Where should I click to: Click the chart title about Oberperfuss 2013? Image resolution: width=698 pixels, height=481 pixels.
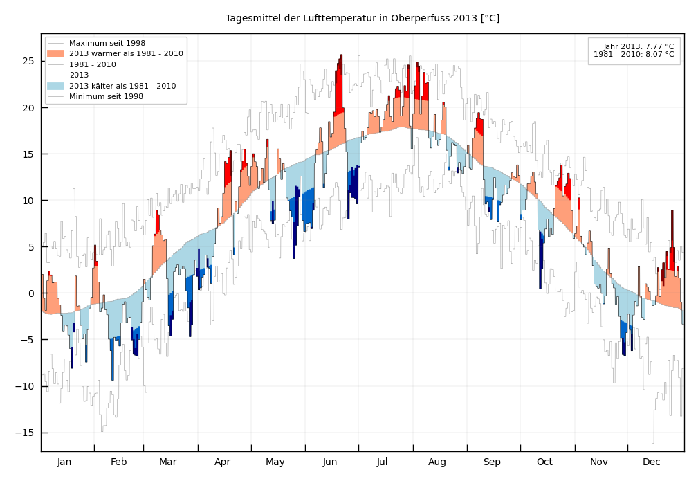[x=362, y=19]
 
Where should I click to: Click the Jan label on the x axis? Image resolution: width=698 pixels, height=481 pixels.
[x=64, y=462]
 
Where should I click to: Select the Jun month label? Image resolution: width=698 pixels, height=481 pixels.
[x=330, y=462]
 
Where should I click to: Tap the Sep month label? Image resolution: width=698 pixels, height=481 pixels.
[x=492, y=462]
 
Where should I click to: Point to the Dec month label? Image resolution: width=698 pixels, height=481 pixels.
[x=652, y=462]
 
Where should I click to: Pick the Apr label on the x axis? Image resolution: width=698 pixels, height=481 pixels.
[x=222, y=462]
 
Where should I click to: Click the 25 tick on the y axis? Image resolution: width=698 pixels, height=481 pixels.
[x=28, y=61]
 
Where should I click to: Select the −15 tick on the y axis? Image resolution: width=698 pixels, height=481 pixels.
[x=26, y=433]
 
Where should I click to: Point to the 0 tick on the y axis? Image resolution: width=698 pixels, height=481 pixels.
[x=31, y=293]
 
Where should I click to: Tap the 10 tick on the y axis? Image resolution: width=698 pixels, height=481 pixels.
[x=28, y=201]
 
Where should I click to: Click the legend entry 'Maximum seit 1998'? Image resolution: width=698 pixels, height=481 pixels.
[x=107, y=43]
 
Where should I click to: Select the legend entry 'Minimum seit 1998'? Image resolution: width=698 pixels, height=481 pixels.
[x=107, y=96]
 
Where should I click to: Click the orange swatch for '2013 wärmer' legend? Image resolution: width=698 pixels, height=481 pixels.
[x=56, y=53]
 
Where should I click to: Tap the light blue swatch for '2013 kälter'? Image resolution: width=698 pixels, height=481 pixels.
[x=56, y=86]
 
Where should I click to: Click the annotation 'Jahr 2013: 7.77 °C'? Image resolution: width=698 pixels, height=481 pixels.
[x=639, y=46]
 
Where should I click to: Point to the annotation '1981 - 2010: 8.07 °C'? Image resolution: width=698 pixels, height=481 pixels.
[x=634, y=54]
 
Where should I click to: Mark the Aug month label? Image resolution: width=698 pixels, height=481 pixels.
[x=437, y=462]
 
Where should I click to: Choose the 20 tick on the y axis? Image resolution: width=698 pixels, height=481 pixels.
[x=28, y=108]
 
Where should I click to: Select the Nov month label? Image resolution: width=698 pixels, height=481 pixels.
[x=599, y=462]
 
